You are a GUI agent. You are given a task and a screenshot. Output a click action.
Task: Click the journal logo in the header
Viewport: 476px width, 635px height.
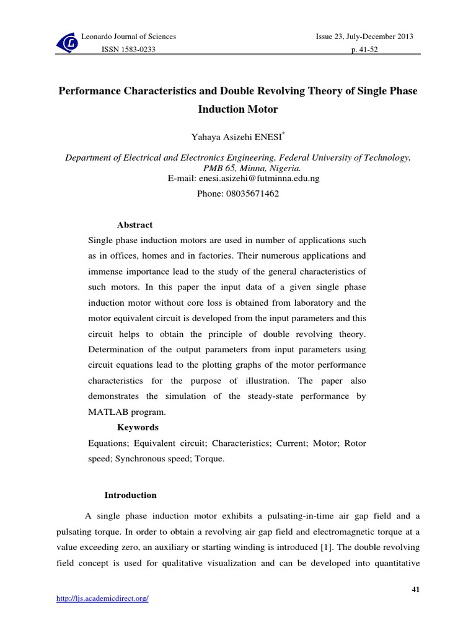coord(68,43)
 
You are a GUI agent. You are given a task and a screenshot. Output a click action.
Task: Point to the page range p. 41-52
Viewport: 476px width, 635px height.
coord(364,50)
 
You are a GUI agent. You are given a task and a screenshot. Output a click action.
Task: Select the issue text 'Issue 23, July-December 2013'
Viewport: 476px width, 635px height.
coord(364,37)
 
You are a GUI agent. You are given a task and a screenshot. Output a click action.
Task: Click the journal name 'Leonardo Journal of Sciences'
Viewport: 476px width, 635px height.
coord(129,37)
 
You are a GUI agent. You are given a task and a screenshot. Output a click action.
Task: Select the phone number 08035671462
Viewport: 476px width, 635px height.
coord(238,193)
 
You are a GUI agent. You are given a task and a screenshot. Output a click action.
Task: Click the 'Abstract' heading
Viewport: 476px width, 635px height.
coord(134,225)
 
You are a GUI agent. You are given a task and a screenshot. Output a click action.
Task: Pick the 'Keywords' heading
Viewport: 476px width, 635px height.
coord(138,427)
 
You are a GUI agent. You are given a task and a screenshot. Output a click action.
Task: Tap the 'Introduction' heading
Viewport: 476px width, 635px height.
coord(130,495)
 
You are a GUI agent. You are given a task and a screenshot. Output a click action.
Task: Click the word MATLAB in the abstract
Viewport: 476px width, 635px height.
coord(110,412)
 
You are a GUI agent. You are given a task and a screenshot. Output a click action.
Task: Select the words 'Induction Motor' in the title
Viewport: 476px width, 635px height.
coord(238,110)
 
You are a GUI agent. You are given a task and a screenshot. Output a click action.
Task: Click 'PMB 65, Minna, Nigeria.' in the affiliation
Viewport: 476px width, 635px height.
coord(238,168)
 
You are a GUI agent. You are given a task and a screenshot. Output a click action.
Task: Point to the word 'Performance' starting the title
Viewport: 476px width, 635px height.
coord(88,91)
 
